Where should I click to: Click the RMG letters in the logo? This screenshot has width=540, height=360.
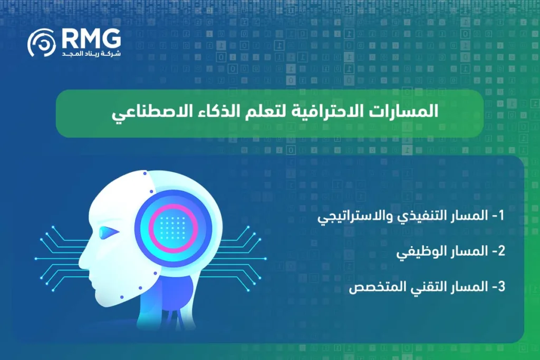click(x=91, y=38)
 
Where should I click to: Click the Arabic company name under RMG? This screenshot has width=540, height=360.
click(x=91, y=54)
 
